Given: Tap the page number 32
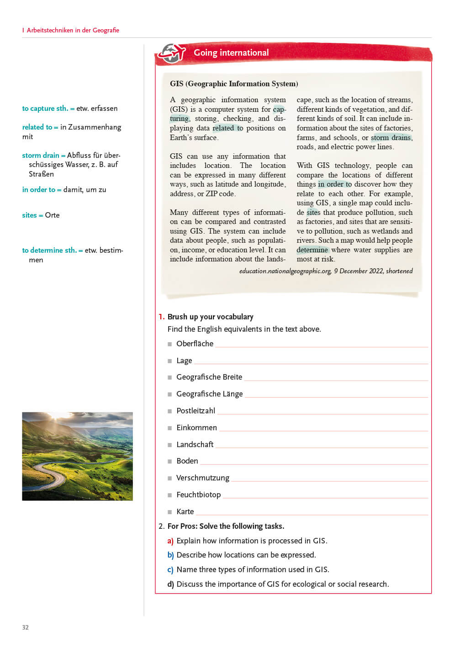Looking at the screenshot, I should [x=26, y=627].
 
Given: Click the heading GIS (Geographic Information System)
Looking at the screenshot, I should [x=234, y=83].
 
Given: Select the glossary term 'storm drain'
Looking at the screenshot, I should [x=41, y=155].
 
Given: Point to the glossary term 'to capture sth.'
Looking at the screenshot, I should [x=45, y=109].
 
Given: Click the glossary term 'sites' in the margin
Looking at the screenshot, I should [x=29, y=215].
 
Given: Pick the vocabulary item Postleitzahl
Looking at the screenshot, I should [x=196, y=411].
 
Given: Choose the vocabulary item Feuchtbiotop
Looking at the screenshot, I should [x=198, y=495].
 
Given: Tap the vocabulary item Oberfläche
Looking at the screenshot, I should [x=195, y=344].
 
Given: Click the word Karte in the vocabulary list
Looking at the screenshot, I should [x=185, y=511].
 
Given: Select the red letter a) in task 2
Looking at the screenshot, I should [x=170, y=541].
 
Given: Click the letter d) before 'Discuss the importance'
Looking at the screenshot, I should [x=170, y=584].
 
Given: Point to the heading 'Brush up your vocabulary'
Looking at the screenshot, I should [x=210, y=317].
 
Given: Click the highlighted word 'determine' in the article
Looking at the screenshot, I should [x=312, y=250].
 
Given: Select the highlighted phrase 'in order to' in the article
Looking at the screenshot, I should [x=335, y=184].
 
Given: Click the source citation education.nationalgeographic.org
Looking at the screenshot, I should [x=285, y=271].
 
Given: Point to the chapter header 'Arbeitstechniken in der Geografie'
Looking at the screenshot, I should [x=73, y=30].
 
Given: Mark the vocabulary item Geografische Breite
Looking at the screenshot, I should [x=209, y=377].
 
